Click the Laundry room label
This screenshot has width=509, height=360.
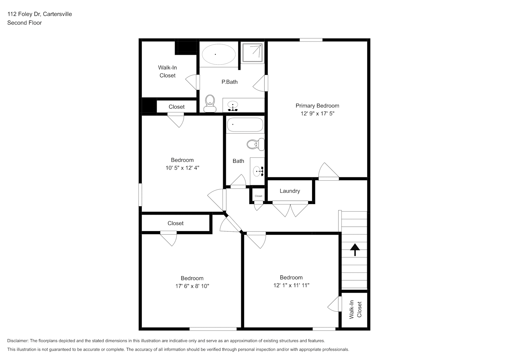(x=290, y=191)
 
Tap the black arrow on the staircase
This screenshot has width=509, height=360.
(x=355, y=250)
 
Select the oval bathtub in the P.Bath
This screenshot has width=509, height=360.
(x=219, y=54)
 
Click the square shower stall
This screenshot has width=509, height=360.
(x=252, y=53)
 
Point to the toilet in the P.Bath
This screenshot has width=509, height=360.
(x=210, y=104)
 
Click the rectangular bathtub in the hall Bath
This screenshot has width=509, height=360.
(x=245, y=125)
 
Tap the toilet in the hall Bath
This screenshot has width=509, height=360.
(x=256, y=144)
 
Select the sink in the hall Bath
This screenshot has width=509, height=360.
(x=258, y=171)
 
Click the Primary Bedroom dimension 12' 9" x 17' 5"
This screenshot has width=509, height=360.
(x=317, y=114)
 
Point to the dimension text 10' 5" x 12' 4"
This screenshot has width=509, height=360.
(x=182, y=168)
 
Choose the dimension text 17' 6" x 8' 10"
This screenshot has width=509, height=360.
(x=192, y=286)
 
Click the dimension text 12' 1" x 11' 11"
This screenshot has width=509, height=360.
(x=291, y=285)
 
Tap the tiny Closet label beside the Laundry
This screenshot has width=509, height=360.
(x=258, y=196)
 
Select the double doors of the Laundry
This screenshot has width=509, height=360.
(x=290, y=209)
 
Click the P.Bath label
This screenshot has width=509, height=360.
(x=230, y=82)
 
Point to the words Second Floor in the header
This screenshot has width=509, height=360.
(x=24, y=23)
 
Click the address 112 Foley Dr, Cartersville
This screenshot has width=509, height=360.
(x=40, y=14)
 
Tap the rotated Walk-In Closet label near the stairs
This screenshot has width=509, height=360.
(x=355, y=310)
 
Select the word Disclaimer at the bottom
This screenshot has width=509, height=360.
(x=18, y=341)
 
